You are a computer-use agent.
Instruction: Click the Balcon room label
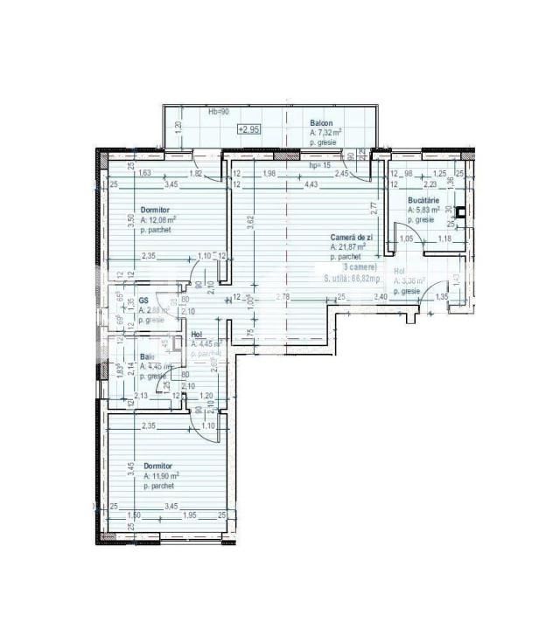click(x=321, y=123)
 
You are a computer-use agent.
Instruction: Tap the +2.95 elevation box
click(x=248, y=129)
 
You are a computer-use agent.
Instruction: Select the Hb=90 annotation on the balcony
click(x=219, y=113)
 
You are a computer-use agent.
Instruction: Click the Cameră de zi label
click(x=352, y=238)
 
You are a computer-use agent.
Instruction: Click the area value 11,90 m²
click(x=162, y=476)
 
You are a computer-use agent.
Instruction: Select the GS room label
click(x=143, y=301)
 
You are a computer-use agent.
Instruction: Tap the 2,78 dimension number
click(x=282, y=298)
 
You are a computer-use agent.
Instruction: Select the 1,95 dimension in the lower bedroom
click(x=189, y=515)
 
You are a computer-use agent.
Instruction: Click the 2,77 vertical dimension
click(x=373, y=209)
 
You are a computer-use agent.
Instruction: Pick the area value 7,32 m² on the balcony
click(x=326, y=133)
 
